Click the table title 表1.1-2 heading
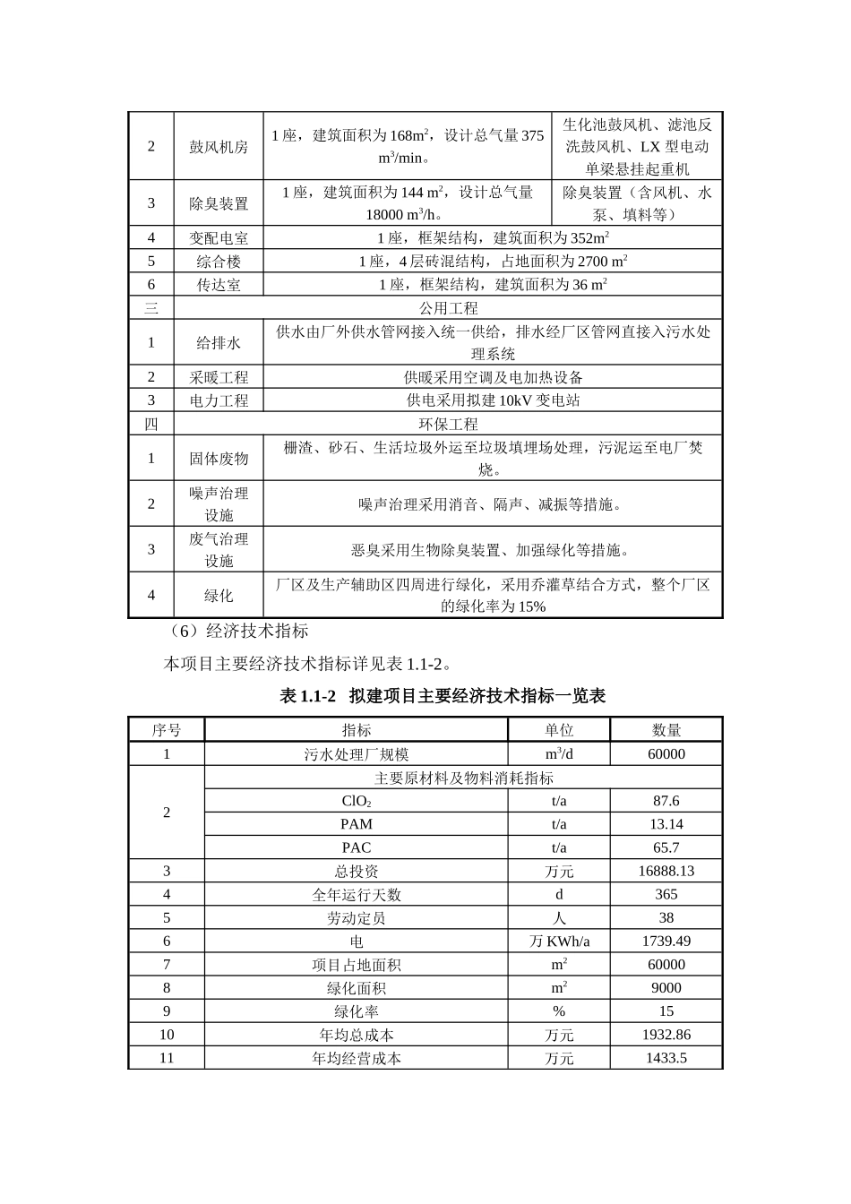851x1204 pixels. point(443,696)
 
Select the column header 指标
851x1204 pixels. point(356,730)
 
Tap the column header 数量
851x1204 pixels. point(666,730)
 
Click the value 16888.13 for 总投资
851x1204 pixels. point(666,871)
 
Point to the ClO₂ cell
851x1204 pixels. point(356,801)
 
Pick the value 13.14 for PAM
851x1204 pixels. point(666,824)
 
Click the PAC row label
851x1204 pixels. point(356,847)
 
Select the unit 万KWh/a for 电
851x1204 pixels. point(559,941)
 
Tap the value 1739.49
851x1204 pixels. point(666,941)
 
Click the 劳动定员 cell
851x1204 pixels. point(356,917)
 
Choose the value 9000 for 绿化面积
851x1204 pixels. point(666,987)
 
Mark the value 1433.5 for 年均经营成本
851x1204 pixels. point(666,1058)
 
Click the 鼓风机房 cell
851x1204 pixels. point(219,146)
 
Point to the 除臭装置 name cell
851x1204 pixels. point(219,203)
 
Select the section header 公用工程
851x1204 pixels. point(448,308)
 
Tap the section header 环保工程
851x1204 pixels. point(448,424)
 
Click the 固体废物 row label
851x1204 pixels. point(219,459)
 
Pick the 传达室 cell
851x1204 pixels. point(219,285)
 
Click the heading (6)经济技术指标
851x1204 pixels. point(238,631)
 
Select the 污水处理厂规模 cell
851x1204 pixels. point(356,754)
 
